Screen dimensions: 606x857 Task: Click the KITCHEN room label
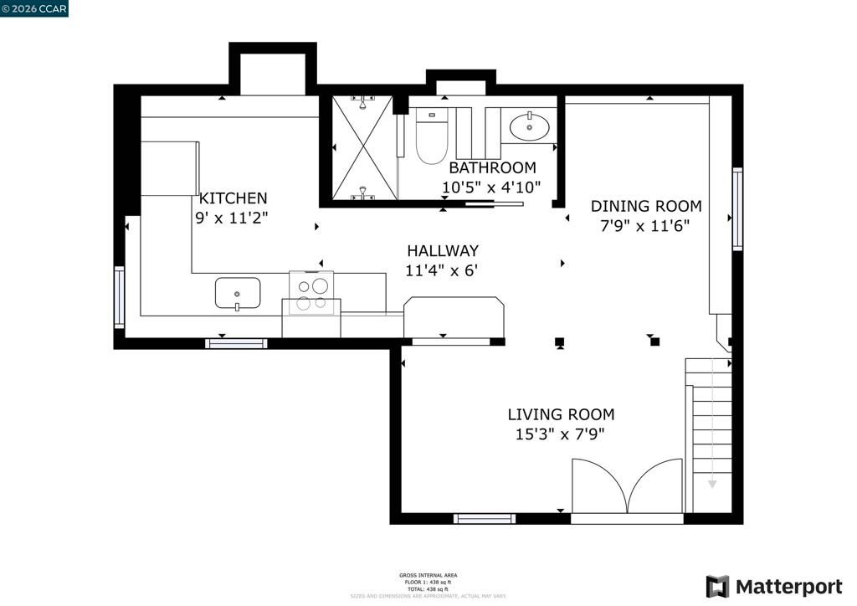tap(233, 198)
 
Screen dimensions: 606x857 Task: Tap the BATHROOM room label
tap(492, 168)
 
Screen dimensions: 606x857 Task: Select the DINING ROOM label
tap(646, 206)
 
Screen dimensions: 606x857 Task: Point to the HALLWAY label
tap(442, 250)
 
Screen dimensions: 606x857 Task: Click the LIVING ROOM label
tap(561, 414)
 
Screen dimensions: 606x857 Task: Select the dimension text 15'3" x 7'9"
tap(560, 434)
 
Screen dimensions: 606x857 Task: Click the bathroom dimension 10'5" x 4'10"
tap(491, 187)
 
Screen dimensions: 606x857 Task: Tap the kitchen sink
tap(238, 294)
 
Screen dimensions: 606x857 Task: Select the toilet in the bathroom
tap(432, 138)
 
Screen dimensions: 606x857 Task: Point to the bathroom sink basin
tap(530, 127)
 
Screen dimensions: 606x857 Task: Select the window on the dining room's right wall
tap(737, 208)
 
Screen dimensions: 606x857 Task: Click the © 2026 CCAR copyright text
tap(34, 8)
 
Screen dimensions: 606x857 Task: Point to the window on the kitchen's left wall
tap(120, 296)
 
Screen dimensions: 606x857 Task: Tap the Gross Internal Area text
tap(428, 575)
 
